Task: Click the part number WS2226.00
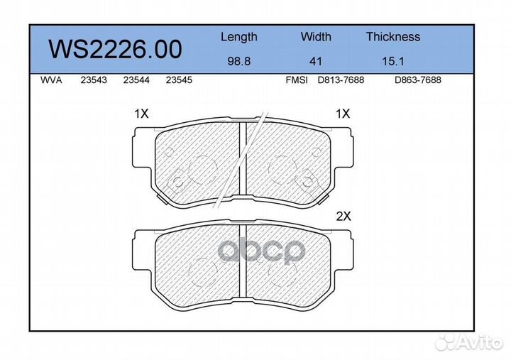click(x=115, y=49)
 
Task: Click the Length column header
click(x=239, y=37)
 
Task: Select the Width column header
click(x=316, y=36)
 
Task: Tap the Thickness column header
click(x=393, y=36)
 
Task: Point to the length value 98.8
click(x=239, y=61)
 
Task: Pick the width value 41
click(x=315, y=61)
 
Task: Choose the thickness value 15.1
click(x=393, y=61)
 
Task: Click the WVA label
click(x=51, y=80)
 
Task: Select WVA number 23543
click(x=94, y=80)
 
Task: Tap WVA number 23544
click(x=136, y=80)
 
